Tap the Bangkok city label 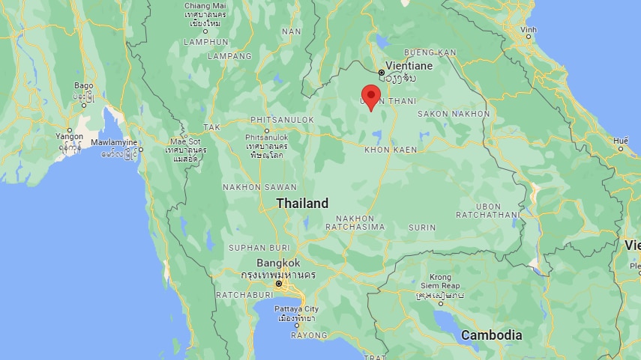click(x=278, y=263)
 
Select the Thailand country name click(x=302, y=203)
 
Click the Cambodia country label click(x=491, y=335)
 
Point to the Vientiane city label click(x=409, y=65)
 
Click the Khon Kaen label click(x=389, y=150)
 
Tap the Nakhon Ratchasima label click(x=355, y=222)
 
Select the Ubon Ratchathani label click(x=499, y=210)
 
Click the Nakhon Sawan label click(x=254, y=186)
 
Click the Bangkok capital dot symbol click(x=278, y=284)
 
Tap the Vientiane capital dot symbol click(x=382, y=72)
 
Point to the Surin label click(x=422, y=227)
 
